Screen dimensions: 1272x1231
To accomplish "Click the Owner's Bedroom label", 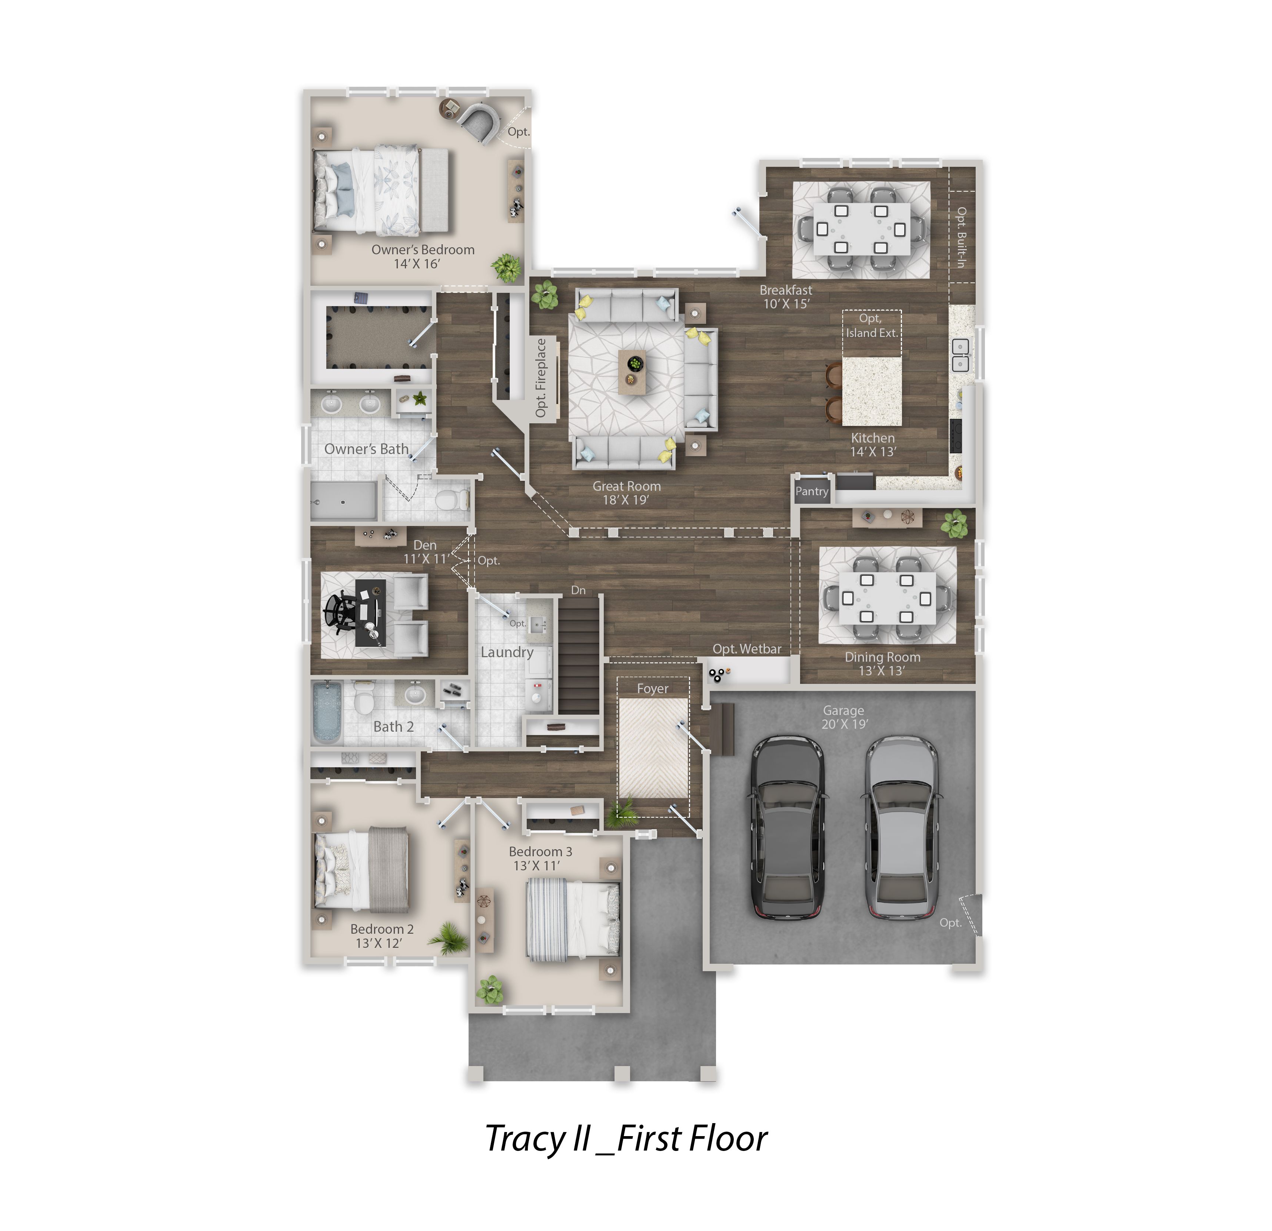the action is click(x=423, y=249).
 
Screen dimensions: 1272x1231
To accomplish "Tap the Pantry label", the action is click(x=812, y=492).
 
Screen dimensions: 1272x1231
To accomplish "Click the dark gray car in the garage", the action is click(x=789, y=827).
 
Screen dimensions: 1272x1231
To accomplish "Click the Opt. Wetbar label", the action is click(x=747, y=649).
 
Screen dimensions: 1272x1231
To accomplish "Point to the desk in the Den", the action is click(x=370, y=613).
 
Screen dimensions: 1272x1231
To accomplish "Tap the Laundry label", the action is click(x=507, y=652).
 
